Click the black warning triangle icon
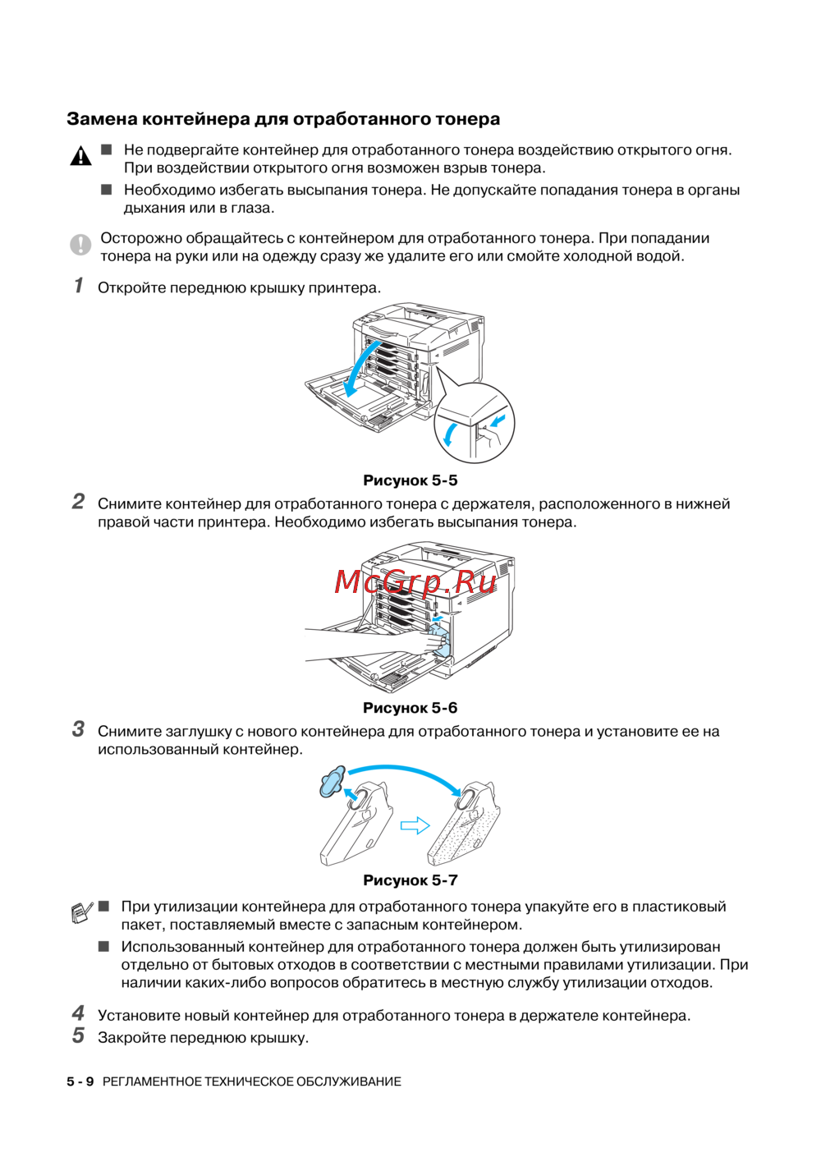tap(80, 155)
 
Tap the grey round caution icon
tap(80, 244)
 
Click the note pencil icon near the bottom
tap(81, 912)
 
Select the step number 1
tap(79, 285)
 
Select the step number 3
tap(78, 728)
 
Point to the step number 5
tap(78, 1035)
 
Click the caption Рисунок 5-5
tap(410, 480)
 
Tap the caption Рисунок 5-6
tap(410, 708)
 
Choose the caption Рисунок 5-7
tap(410, 880)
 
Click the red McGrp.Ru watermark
tap(415, 581)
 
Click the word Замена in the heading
tap(102, 119)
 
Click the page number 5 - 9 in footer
tap(80, 1082)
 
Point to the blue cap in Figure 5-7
tap(333, 782)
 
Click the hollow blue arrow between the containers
tap(415, 825)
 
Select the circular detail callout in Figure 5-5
tap(474, 423)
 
